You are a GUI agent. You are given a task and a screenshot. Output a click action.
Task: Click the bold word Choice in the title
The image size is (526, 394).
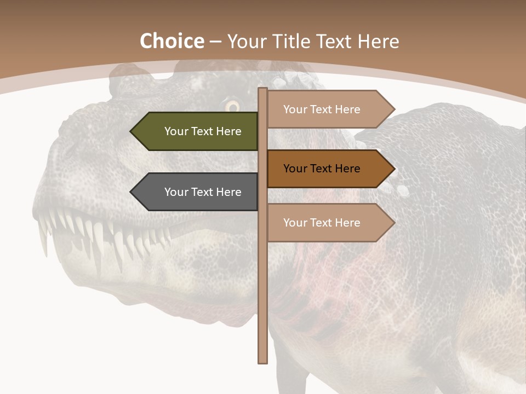171,42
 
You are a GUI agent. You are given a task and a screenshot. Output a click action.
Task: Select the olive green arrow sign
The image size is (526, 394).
197,131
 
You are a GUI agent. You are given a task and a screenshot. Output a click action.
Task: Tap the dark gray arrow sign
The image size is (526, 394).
197,192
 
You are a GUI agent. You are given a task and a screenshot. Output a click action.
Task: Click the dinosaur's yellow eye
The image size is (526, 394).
232,105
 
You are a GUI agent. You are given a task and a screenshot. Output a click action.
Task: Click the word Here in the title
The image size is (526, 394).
378,42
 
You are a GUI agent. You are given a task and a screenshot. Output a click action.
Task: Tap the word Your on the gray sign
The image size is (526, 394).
176,192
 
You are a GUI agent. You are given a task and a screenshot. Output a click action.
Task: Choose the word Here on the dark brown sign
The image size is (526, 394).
347,169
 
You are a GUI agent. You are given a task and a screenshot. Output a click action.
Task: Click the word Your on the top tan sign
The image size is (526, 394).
295,109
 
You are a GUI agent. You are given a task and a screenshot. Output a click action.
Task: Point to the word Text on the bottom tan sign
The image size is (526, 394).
322,223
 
